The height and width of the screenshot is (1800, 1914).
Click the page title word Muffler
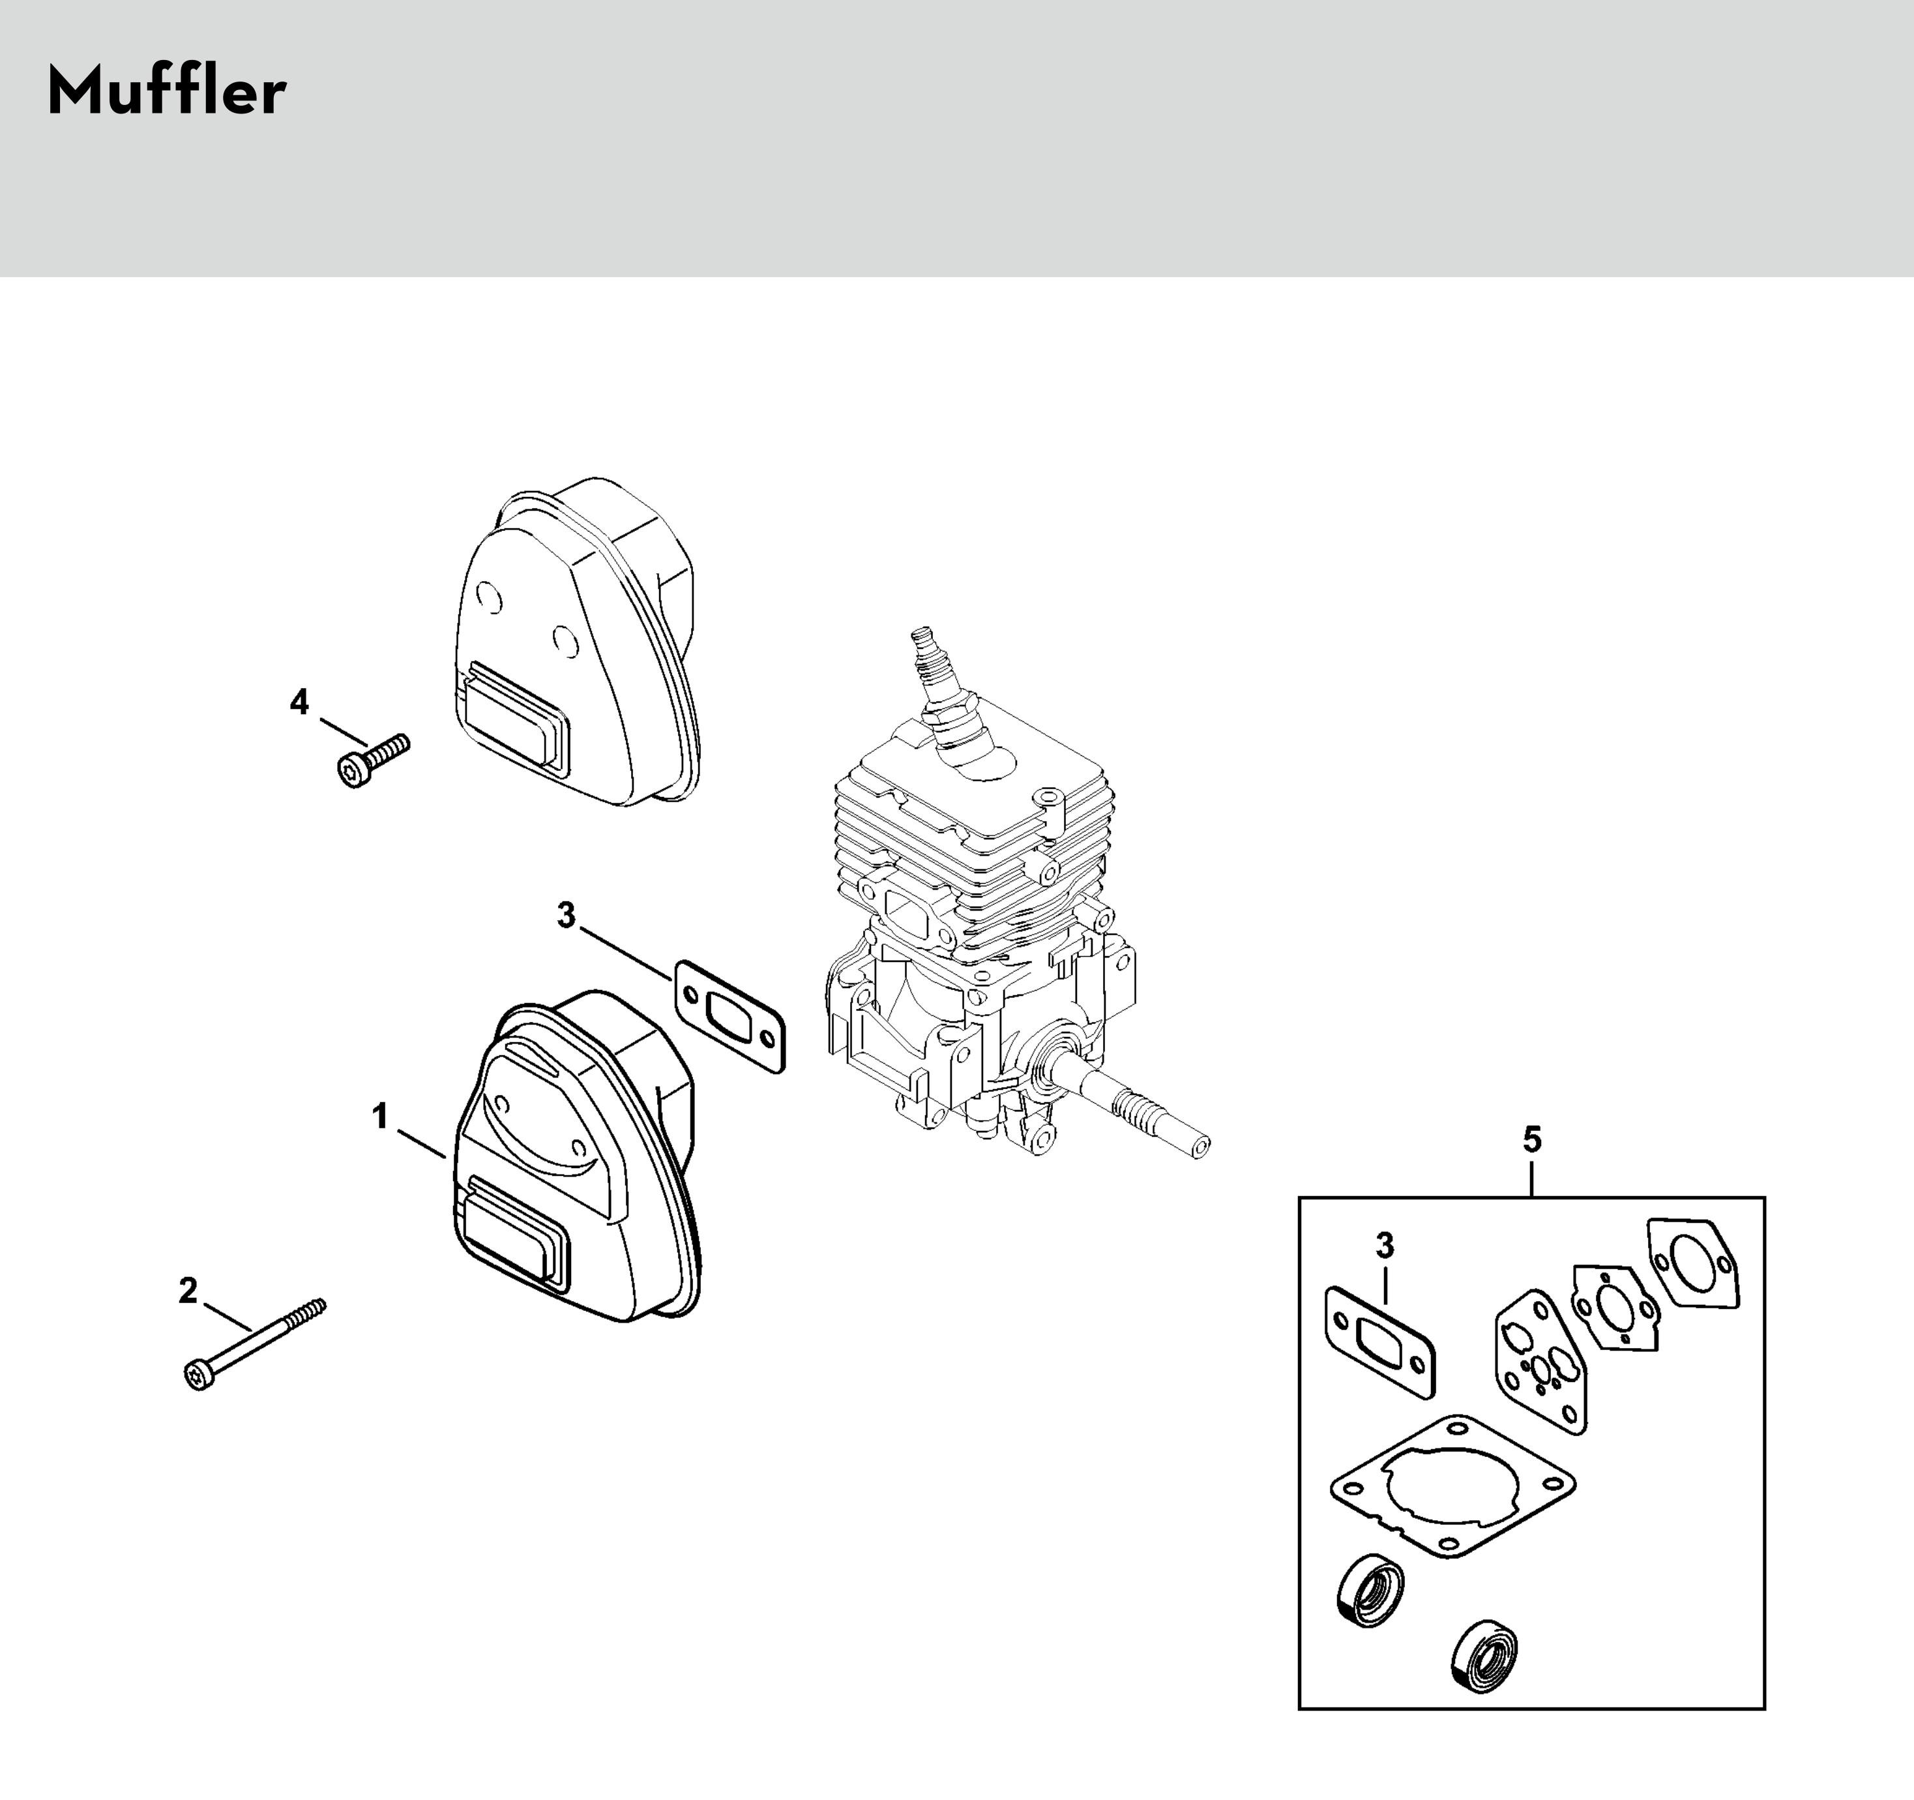click(x=166, y=93)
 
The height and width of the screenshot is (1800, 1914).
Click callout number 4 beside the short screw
click(x=299, y=703)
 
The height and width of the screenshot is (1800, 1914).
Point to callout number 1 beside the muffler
click(x=380, y=1117)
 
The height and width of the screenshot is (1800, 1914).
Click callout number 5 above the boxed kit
click(x=1532, y=1140)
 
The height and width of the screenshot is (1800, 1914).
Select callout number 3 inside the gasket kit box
click(x=1385, y=1245)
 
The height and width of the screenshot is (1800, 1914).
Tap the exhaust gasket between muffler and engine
click(x=729, y=1015)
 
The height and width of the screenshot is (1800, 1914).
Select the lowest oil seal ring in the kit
click(x=1484, y=1655)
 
